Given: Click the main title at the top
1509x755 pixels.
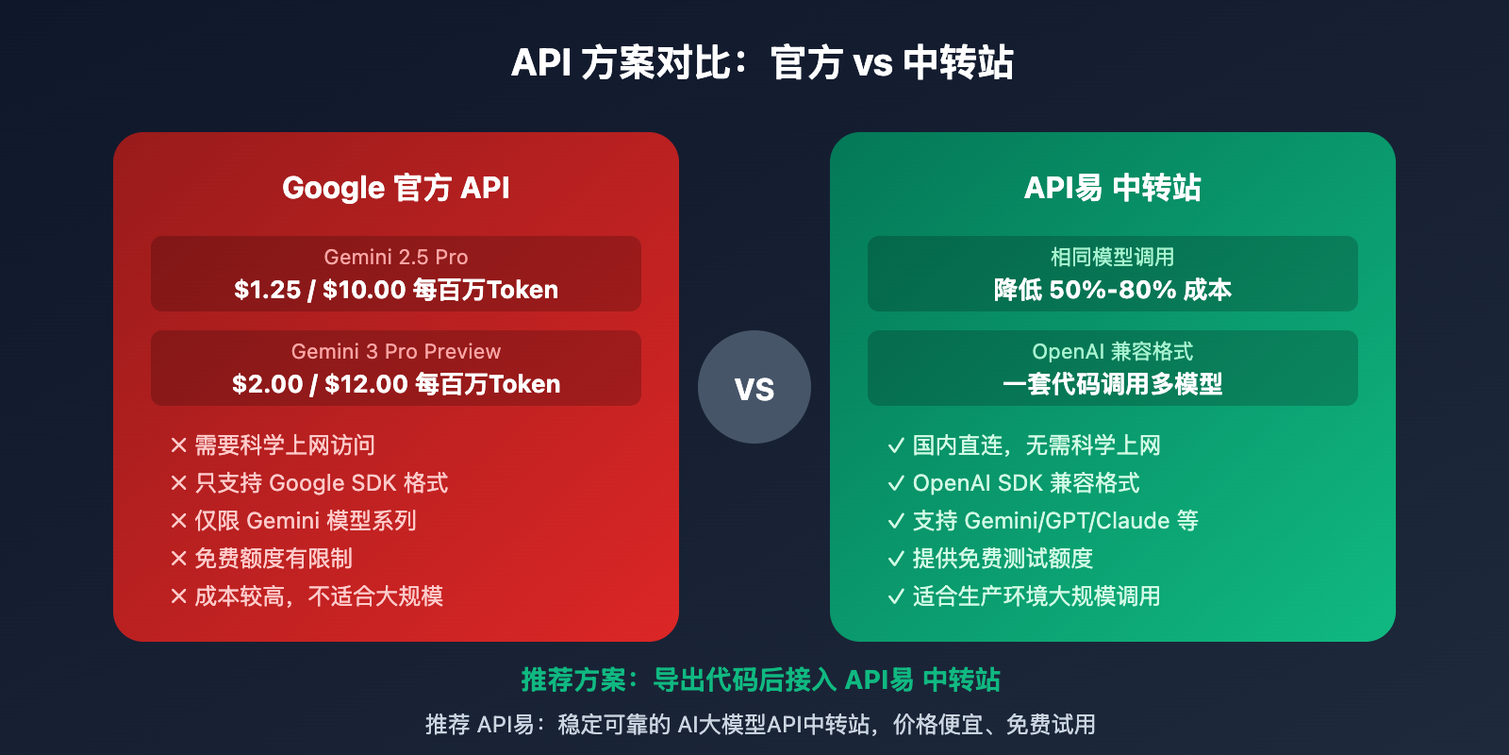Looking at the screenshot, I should (762, 63).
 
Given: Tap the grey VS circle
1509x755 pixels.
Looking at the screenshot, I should (754, 387).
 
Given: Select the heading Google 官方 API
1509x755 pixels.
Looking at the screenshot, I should (396, 187).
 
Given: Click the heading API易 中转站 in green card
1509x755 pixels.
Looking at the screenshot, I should (1113, 187).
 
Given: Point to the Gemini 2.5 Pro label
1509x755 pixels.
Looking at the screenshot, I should (396, 257).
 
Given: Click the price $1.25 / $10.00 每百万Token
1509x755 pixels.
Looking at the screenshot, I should (396, 290).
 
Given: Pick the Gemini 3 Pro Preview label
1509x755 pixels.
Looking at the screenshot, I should (396, 351).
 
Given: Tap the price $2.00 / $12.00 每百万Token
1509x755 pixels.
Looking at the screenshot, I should (396, 384).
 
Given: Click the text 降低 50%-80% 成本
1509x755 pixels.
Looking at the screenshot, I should (1113, 290).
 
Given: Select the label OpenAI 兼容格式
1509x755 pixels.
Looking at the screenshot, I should (1113, 351).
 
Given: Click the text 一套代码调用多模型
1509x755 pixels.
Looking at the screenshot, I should (1113, 384).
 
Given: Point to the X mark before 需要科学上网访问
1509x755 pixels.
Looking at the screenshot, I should (178, 445).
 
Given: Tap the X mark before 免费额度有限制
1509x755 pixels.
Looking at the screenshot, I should (178, 559).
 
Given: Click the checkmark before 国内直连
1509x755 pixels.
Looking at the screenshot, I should (896, 445).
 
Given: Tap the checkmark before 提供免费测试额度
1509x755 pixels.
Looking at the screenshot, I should (896, 559).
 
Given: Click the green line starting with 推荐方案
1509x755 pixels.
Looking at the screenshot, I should (760, 679).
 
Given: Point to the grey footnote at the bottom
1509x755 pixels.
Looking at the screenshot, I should (760, 724).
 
